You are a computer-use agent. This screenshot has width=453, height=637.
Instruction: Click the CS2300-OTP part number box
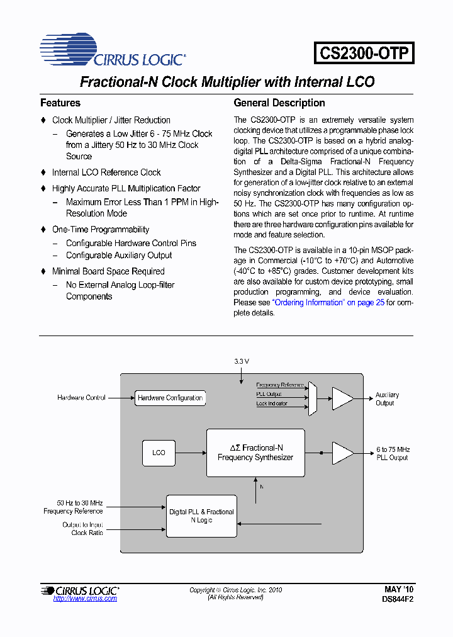click(x=364, y=52)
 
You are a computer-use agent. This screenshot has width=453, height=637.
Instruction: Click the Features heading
click(x=60, y=103)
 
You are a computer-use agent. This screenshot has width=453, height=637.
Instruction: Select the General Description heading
click(x=279, y=103)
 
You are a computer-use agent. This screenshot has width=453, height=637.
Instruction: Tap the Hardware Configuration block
click(x=170, y=398)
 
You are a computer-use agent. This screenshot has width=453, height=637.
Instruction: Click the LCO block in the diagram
click(x=159, y=453)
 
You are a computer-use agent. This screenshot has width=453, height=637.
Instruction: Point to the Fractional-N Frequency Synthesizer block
click(x=255, y=453)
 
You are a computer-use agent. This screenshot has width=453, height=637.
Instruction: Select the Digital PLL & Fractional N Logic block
click(x=201, y=516)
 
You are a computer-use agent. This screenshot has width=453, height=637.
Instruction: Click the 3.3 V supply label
click(x=242, y=361)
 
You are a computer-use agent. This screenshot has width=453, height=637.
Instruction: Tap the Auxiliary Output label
click(x=386, y=399)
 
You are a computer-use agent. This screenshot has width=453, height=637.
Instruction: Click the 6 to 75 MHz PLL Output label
click(x=393, y=453)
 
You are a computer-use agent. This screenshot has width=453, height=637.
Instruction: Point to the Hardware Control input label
click(x=81, y=398)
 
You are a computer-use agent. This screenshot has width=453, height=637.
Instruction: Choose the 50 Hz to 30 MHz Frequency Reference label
click(x=73, y=507)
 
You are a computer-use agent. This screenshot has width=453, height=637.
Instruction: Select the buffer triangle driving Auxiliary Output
click(x=342, y=398)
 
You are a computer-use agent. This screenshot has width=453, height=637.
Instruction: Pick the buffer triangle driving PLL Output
click(x=342, y=453)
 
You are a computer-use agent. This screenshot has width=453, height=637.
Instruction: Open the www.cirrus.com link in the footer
click(x=85, y=599)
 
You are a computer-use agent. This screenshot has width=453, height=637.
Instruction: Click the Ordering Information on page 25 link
click(x=328, y=302)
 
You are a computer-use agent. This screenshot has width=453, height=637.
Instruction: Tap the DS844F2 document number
click(x=398, y=600)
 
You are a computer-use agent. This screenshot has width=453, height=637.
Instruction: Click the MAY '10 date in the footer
click(x=399, y=590)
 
